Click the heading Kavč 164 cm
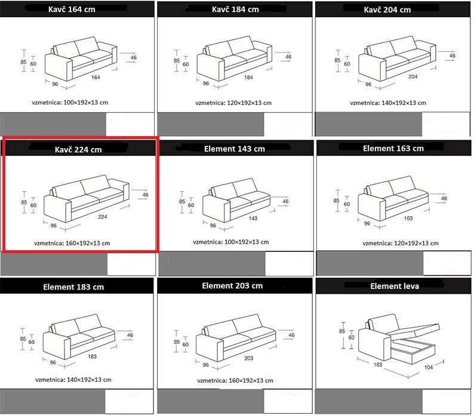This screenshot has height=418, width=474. coord(72,10)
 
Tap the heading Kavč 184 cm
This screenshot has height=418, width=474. coord(235,10)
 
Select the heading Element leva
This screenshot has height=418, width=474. coord(395,286)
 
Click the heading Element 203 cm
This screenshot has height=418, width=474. coord(232,286)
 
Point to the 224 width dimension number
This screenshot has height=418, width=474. coord(103,217)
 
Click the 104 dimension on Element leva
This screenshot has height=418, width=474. coord(429,367)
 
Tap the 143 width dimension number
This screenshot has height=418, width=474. coord(253,218)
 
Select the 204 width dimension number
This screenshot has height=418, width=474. coord(413,76)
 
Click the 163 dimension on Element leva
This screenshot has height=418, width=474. coord(378,364)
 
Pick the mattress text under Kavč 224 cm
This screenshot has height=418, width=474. coord(72,243)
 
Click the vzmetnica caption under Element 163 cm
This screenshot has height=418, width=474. coord(400,243)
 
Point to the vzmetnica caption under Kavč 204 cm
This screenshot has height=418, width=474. coord(388,103)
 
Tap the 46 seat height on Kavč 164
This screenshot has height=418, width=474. coord(134,57)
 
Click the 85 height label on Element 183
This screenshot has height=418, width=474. coord(23,339)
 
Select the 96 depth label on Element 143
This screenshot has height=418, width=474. coord(213,225)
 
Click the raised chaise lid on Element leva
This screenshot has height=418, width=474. coord(413,329)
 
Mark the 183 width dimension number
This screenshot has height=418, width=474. coord(92,356)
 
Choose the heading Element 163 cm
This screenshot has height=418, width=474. coord(393,149)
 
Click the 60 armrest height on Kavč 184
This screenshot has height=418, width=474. coord(186,64)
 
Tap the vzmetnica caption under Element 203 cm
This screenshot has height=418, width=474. coord(235,380)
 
